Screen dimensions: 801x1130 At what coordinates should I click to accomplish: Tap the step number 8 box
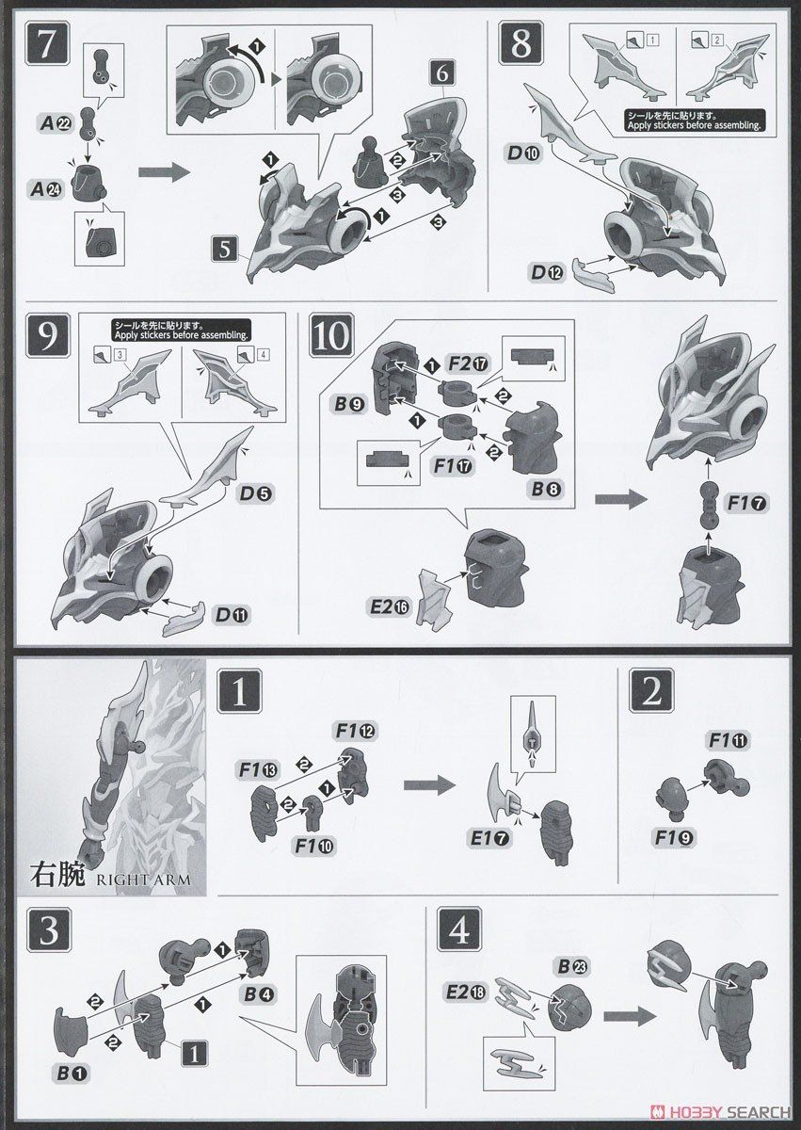[521, 43]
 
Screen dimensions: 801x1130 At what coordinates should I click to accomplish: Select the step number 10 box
[331, 334]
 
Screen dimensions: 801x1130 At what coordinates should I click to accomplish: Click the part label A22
[56, 123]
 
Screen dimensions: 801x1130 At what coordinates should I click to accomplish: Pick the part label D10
[523, 153]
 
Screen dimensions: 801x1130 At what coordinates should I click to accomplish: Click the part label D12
[548, 272]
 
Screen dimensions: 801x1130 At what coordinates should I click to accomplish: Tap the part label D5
[256, 493]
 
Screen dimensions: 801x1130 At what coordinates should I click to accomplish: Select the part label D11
[232, 615]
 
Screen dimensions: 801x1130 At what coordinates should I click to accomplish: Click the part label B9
[351, 404]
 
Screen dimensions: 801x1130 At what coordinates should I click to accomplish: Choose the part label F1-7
[747, 503]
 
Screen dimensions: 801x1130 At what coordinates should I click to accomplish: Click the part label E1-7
[489, 838]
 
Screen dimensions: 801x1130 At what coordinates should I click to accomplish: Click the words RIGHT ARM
[144, 880]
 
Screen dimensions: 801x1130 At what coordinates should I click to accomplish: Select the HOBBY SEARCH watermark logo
[721, 1111]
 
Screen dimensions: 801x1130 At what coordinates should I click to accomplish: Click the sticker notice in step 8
[693, 121]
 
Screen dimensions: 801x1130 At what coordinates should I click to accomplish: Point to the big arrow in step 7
[164, 172]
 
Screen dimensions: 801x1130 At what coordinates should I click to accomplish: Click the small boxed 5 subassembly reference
[225, 250]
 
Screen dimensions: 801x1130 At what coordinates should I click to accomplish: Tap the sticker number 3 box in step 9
[120, 355]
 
